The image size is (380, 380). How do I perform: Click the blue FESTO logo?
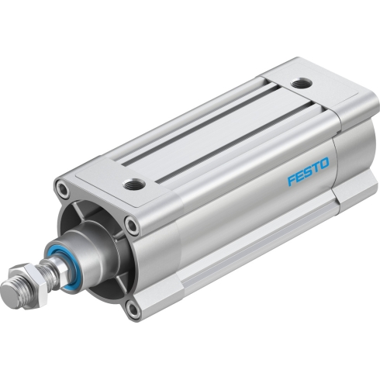309,171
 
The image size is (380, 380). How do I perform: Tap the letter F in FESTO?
292,180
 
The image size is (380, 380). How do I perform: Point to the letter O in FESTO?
324,164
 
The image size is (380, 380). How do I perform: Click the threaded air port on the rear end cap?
301,83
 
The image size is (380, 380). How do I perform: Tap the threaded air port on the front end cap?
133,184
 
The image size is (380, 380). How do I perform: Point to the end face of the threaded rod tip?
9,290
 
